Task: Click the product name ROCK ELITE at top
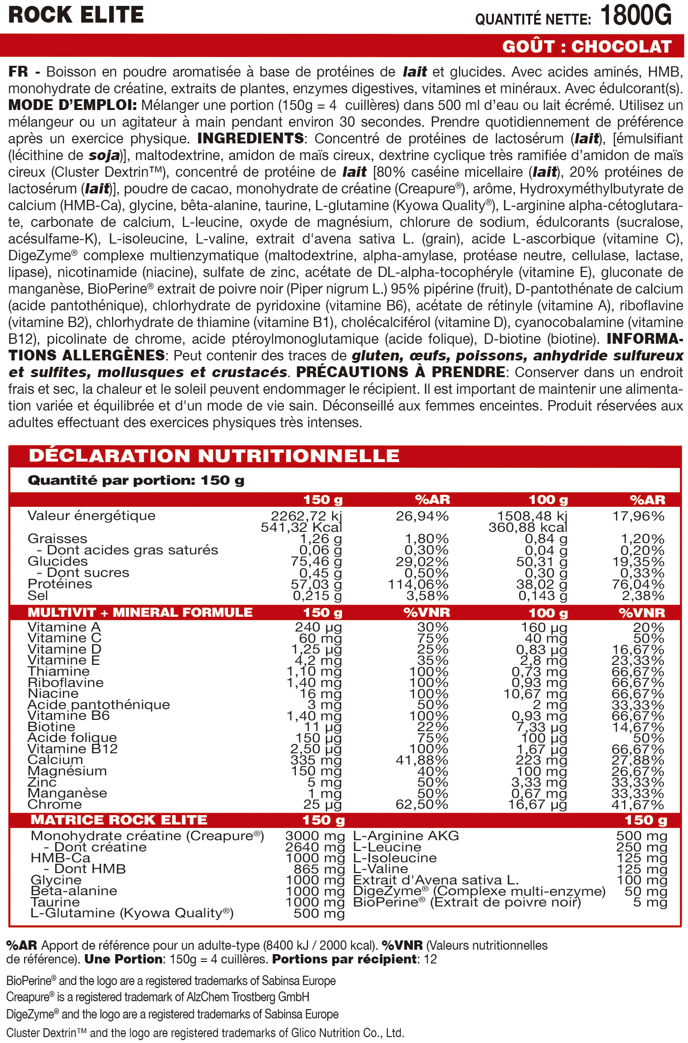[x=76, y=15]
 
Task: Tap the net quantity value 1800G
[x=635, y=16]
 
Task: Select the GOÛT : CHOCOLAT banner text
[x=587, y=47]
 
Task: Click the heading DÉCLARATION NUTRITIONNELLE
[x=214, y=456]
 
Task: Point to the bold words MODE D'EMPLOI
[x=72, y=106]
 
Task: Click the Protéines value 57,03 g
[x=316, y=584]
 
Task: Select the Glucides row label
[x=57, y=561]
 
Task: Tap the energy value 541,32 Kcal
[x=301, y=527]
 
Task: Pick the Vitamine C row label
[x=64, y=638]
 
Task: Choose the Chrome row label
[x=55, y=804]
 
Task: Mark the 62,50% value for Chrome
[x=422, y=804]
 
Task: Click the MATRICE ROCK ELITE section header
[x=119, y=820]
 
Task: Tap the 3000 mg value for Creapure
[x=315, y=836]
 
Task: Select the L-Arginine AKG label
[x=406, y=836]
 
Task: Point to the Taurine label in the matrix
[x=55, y=902]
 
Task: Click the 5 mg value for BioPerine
[x=650, y=902]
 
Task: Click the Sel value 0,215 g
[x=317, y=596]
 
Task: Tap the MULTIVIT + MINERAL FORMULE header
[x=140, y=612]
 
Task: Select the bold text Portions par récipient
[x=344, y=959]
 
